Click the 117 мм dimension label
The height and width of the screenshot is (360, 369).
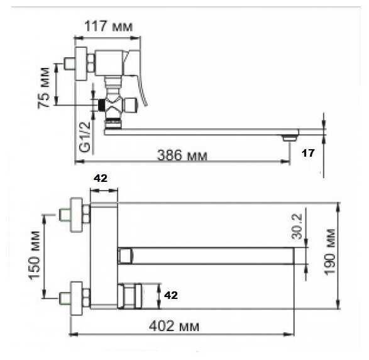[108, 26]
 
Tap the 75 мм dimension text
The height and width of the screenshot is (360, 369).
[44, 87]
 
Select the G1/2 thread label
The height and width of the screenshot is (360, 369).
[85, 137]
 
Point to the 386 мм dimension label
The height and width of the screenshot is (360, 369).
[182, 155]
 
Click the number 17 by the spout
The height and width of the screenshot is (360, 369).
[308, 153]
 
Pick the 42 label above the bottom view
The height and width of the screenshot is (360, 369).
[101, 178]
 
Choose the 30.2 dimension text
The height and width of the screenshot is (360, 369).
[296, 226]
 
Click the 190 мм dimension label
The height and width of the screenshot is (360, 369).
[329, 251]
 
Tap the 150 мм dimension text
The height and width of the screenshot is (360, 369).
[34, 256]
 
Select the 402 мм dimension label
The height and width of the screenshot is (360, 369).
[174, 326]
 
